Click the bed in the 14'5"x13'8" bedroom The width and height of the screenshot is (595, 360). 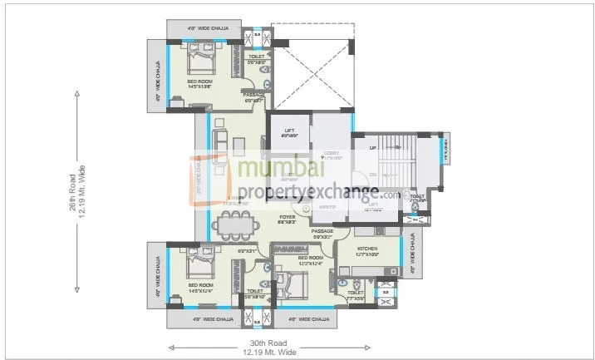200,62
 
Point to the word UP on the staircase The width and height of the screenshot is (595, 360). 373,148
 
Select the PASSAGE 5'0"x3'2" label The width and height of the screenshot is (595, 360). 322,234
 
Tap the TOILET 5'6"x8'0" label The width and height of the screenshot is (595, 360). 257,59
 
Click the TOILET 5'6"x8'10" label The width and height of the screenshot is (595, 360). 255,293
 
